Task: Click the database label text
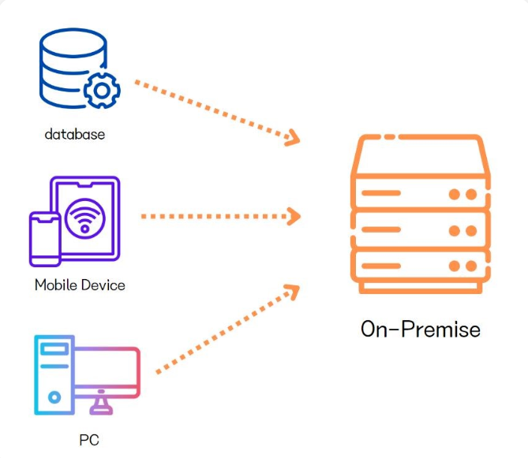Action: point(74,134)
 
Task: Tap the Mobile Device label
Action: point(80,285)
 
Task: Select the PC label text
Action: point(88,438)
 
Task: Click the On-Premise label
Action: point(420,328)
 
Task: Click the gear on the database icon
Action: point(102,91)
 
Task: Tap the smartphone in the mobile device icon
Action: point(44,239)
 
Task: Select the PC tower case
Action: point(54,374)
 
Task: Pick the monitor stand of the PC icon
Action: point(100,404)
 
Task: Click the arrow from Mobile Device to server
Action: point(217,215)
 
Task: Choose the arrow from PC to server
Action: point(225,330)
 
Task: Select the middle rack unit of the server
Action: point(418,230)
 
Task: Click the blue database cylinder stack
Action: point(69,67)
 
